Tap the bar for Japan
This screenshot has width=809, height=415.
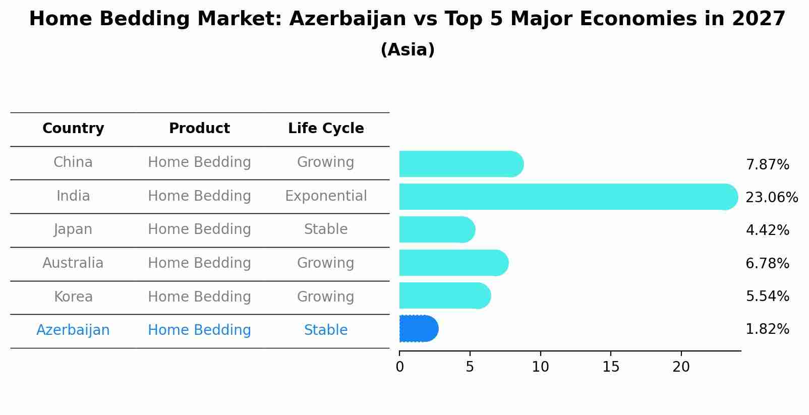point(437,230)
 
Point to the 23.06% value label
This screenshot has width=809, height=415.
point(771,197)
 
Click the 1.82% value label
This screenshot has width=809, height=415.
point(767,329)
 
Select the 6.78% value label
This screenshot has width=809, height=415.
point(767,263)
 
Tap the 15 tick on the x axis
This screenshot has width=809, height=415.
point(610,367)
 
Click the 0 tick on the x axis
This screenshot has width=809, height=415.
point(400,367)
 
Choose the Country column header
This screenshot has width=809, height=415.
point(73,129)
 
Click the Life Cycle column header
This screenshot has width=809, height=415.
point(326,129)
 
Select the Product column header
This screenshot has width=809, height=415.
point(199,129)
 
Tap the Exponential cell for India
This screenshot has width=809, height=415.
point(326,196)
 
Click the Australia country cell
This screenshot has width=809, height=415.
point(73,263)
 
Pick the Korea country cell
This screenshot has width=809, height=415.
point(73,297)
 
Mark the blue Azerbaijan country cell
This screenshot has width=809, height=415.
point(73,330)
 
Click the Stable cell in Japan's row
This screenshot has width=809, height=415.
point(326,229)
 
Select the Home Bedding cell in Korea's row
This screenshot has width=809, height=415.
point(199,297)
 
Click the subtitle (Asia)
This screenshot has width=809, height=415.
point(408,50)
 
